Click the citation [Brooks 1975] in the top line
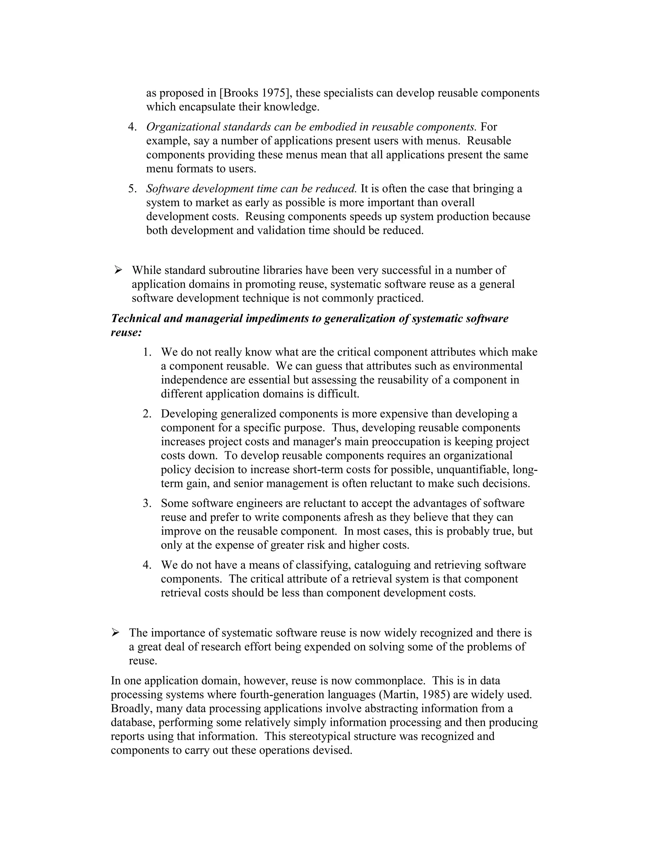click(x=255, y=93)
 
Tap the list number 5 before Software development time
click(x=132, y=189)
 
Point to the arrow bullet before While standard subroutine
click(x=118, y=270)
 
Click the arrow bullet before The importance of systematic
click(x=115, y=633)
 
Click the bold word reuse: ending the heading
click(x=126, y=332)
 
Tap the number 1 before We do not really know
click(x=147, y=352)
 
